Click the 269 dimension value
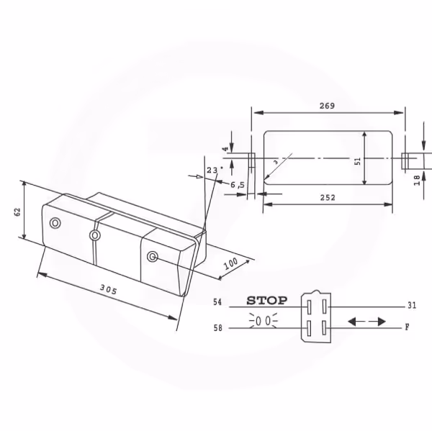coord(327,106)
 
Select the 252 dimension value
coord(328,197)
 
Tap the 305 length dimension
coord(108,289)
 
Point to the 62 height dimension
coord(17,212)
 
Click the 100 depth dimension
coord(231,263)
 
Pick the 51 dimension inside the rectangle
coord(358,161)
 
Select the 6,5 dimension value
coord(238,185)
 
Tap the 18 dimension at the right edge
coord(417,180)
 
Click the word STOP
coord(266,301)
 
